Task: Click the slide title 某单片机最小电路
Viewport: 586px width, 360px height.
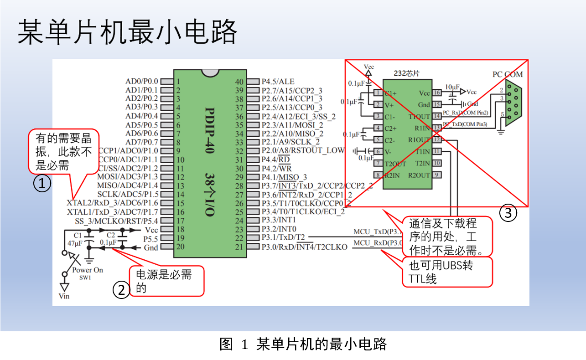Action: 128,32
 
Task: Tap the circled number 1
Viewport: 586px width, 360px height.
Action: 42,184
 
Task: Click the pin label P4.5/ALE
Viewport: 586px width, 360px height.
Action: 278,82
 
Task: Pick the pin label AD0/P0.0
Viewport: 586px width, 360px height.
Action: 141,82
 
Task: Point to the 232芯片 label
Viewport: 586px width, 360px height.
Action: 406,73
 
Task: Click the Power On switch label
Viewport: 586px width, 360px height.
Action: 88,270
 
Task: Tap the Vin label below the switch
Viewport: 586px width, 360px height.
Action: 65,296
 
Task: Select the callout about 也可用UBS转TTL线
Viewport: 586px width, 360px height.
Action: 447,272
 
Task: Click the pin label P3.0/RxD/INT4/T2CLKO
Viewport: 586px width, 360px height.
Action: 304,247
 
